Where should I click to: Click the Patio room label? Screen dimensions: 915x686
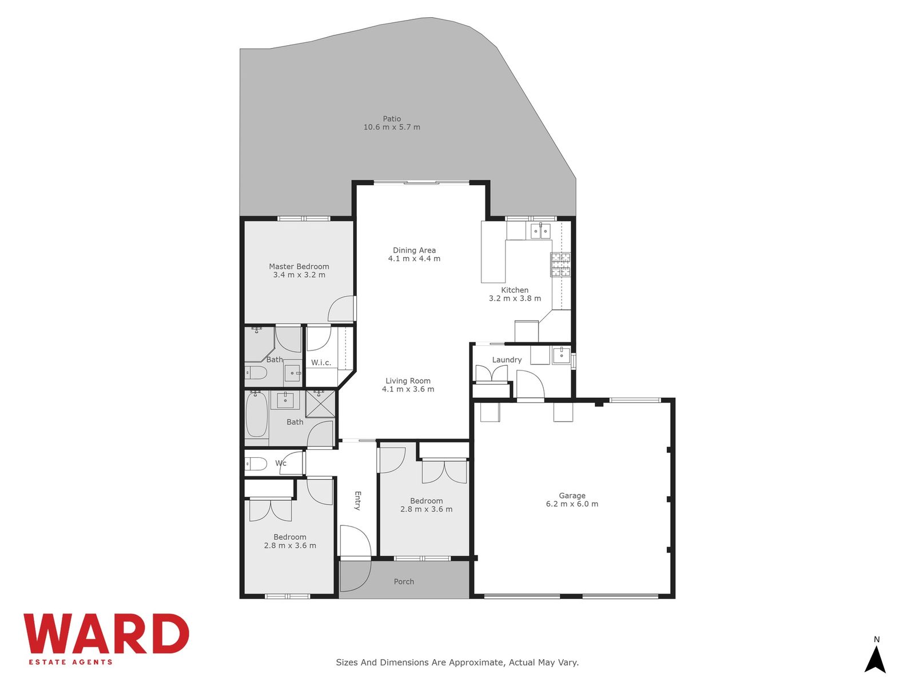click(391, 119)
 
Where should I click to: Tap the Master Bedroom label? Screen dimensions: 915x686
click(299, 266)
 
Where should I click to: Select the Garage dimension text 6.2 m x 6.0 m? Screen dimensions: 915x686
click(572, 504)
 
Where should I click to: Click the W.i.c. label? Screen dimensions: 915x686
click(321, 363)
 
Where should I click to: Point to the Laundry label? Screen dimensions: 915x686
click(507, 360)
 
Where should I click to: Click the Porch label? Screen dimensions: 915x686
click(404, 581)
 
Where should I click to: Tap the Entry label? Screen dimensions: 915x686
click(357, 501)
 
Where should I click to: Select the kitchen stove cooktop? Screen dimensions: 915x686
click(560, 265)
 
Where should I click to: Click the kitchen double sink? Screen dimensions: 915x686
click(540, 230)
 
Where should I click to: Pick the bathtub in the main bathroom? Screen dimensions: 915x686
click(256, 414)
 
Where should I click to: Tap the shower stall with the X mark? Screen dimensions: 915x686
click(320, 403)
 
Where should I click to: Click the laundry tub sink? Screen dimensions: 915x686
click(561, 355)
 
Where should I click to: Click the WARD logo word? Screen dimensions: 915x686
click(106, 633)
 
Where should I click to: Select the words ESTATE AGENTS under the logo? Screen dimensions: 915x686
click(70, 662)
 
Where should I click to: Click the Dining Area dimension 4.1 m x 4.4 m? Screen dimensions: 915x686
click(414, 258)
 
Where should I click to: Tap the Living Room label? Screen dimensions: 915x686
click(408, 381)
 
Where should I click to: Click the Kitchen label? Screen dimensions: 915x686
click(514, 290)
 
